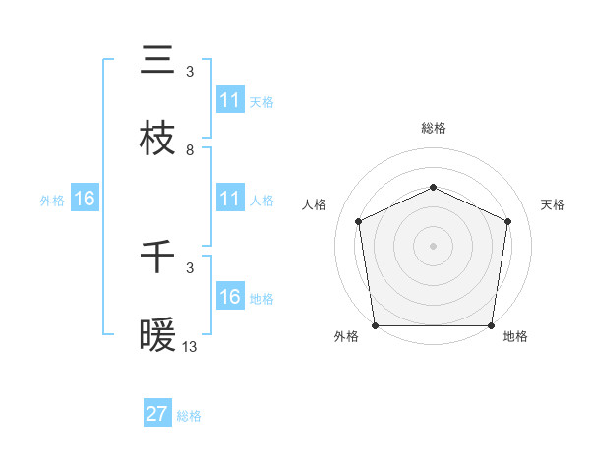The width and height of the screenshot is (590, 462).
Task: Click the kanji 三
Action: tap(157, 61)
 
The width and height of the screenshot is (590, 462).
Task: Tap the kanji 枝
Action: tap(157, 140)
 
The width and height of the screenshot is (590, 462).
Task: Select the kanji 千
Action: tap(157, 259)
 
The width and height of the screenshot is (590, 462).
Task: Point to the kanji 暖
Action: tap(157, 337)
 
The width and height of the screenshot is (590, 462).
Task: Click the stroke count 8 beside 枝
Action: tap(190, 150)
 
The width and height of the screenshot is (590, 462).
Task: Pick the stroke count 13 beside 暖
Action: tap(190, 347)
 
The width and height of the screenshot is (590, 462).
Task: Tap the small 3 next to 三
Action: tap(190, 72)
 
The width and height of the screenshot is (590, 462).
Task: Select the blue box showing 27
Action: tap(157, 414)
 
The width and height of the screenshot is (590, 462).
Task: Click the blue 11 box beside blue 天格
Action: tap(230, 100)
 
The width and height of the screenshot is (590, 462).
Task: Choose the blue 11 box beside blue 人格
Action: tap(230, 199)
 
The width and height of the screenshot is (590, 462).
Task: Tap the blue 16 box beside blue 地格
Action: tap(230, 297)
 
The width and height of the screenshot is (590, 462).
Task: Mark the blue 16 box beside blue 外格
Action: tap(85, 199)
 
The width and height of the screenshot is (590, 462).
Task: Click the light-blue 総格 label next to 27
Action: tap(189, 416)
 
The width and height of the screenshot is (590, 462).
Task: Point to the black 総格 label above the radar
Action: tap(433, 128)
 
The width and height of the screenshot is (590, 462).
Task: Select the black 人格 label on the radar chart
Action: tap(315, 205)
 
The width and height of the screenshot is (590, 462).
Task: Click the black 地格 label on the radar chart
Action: tap(515, 337)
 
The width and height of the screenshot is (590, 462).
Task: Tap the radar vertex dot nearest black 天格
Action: tap(508, 221)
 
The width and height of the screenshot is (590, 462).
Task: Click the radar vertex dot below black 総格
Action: tap(433, 187)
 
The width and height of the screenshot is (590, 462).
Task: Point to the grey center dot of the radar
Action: tap(433, 245)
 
